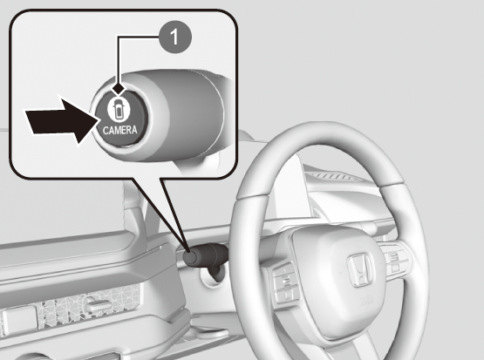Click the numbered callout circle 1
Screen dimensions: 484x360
(x=174, y=37)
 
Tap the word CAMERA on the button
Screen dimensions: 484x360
(x=119, y=130)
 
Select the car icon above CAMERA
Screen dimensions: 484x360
(x=119, y=110)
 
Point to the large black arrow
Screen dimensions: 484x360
(x=63, y=121)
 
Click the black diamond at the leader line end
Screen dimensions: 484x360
(x=119, y=89)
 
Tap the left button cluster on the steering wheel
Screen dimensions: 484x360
(x=285, y=282)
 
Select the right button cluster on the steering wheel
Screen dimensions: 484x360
(x=394, y=259)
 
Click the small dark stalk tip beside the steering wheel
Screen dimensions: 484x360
(x=191, y=257)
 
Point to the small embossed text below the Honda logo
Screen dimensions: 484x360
(x=366, y=299)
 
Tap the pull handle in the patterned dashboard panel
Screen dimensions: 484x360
(x=99, y=305)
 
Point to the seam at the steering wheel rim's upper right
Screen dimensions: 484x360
(x=392, y=184)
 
